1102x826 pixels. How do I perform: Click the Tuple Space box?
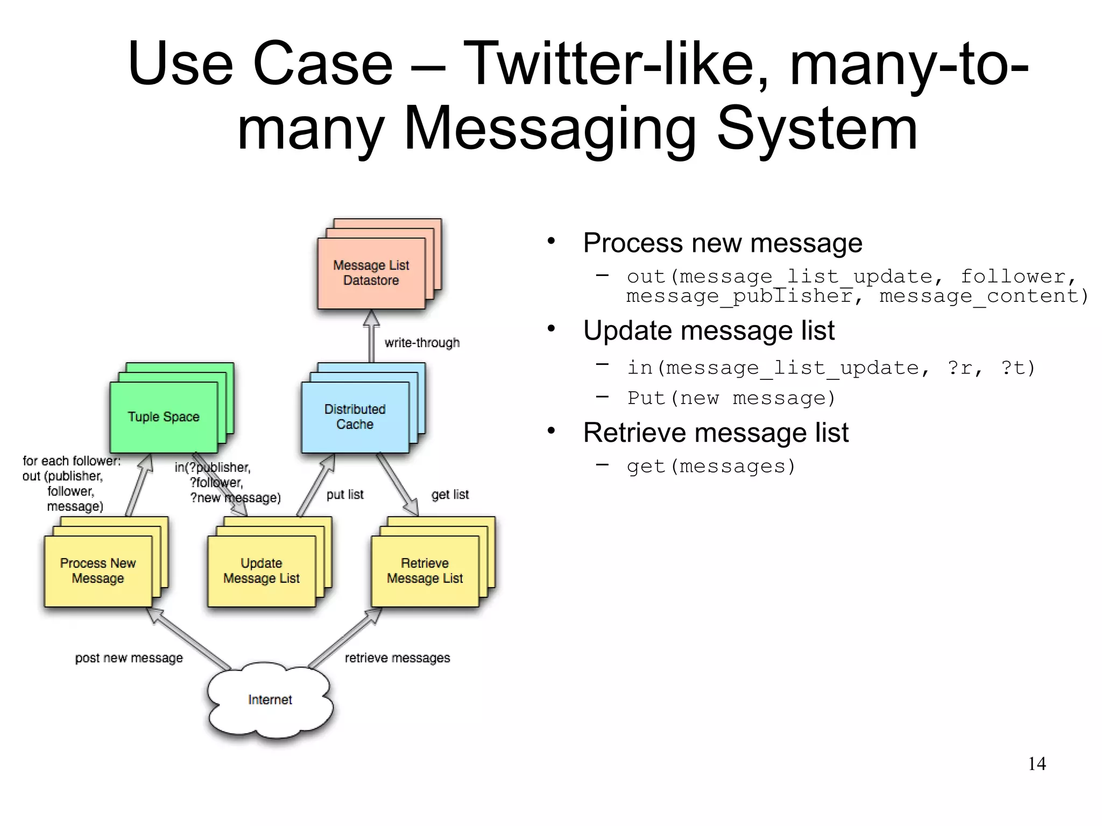(164, 417)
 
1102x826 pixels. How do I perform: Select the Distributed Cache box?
(355, 417)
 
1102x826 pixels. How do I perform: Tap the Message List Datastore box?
(371, 273)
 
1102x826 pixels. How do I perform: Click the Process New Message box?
(98, 571)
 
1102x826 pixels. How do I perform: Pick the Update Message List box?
(262, 571)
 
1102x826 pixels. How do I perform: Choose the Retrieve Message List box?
(425, 571)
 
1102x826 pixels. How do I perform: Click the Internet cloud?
(270, 700)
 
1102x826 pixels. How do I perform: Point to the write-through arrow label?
(422, 343)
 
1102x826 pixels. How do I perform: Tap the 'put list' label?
(345, 495)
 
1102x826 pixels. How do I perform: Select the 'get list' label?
(450, 495)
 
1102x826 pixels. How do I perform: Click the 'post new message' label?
(129, 658)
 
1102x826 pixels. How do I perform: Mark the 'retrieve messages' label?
(397, 658)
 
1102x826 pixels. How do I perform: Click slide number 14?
(1036, 764)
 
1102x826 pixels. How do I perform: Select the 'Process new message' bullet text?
(722, 243)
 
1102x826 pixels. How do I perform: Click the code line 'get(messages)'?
(710, 466)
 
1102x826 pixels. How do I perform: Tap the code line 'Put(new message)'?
(731, 398)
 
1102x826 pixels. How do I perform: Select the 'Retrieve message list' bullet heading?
(716, 433)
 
